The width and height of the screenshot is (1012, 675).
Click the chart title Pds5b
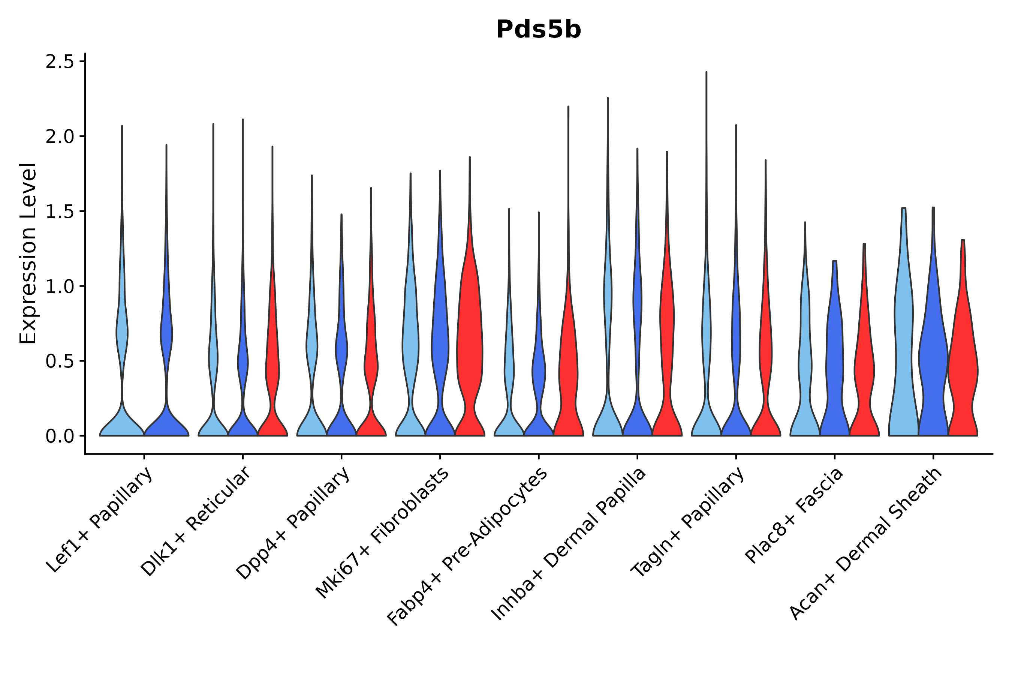point(538,30)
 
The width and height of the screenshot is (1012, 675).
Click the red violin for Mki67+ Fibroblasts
point(470,344)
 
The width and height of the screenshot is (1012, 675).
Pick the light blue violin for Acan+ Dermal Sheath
point(904,344)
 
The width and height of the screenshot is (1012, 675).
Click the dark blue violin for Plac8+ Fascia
point(835,366)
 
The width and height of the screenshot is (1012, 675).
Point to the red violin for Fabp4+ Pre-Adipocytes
point(568,366)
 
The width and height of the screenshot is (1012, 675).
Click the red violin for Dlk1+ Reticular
point(272,366)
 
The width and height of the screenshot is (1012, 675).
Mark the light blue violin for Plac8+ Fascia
point(805,366)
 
